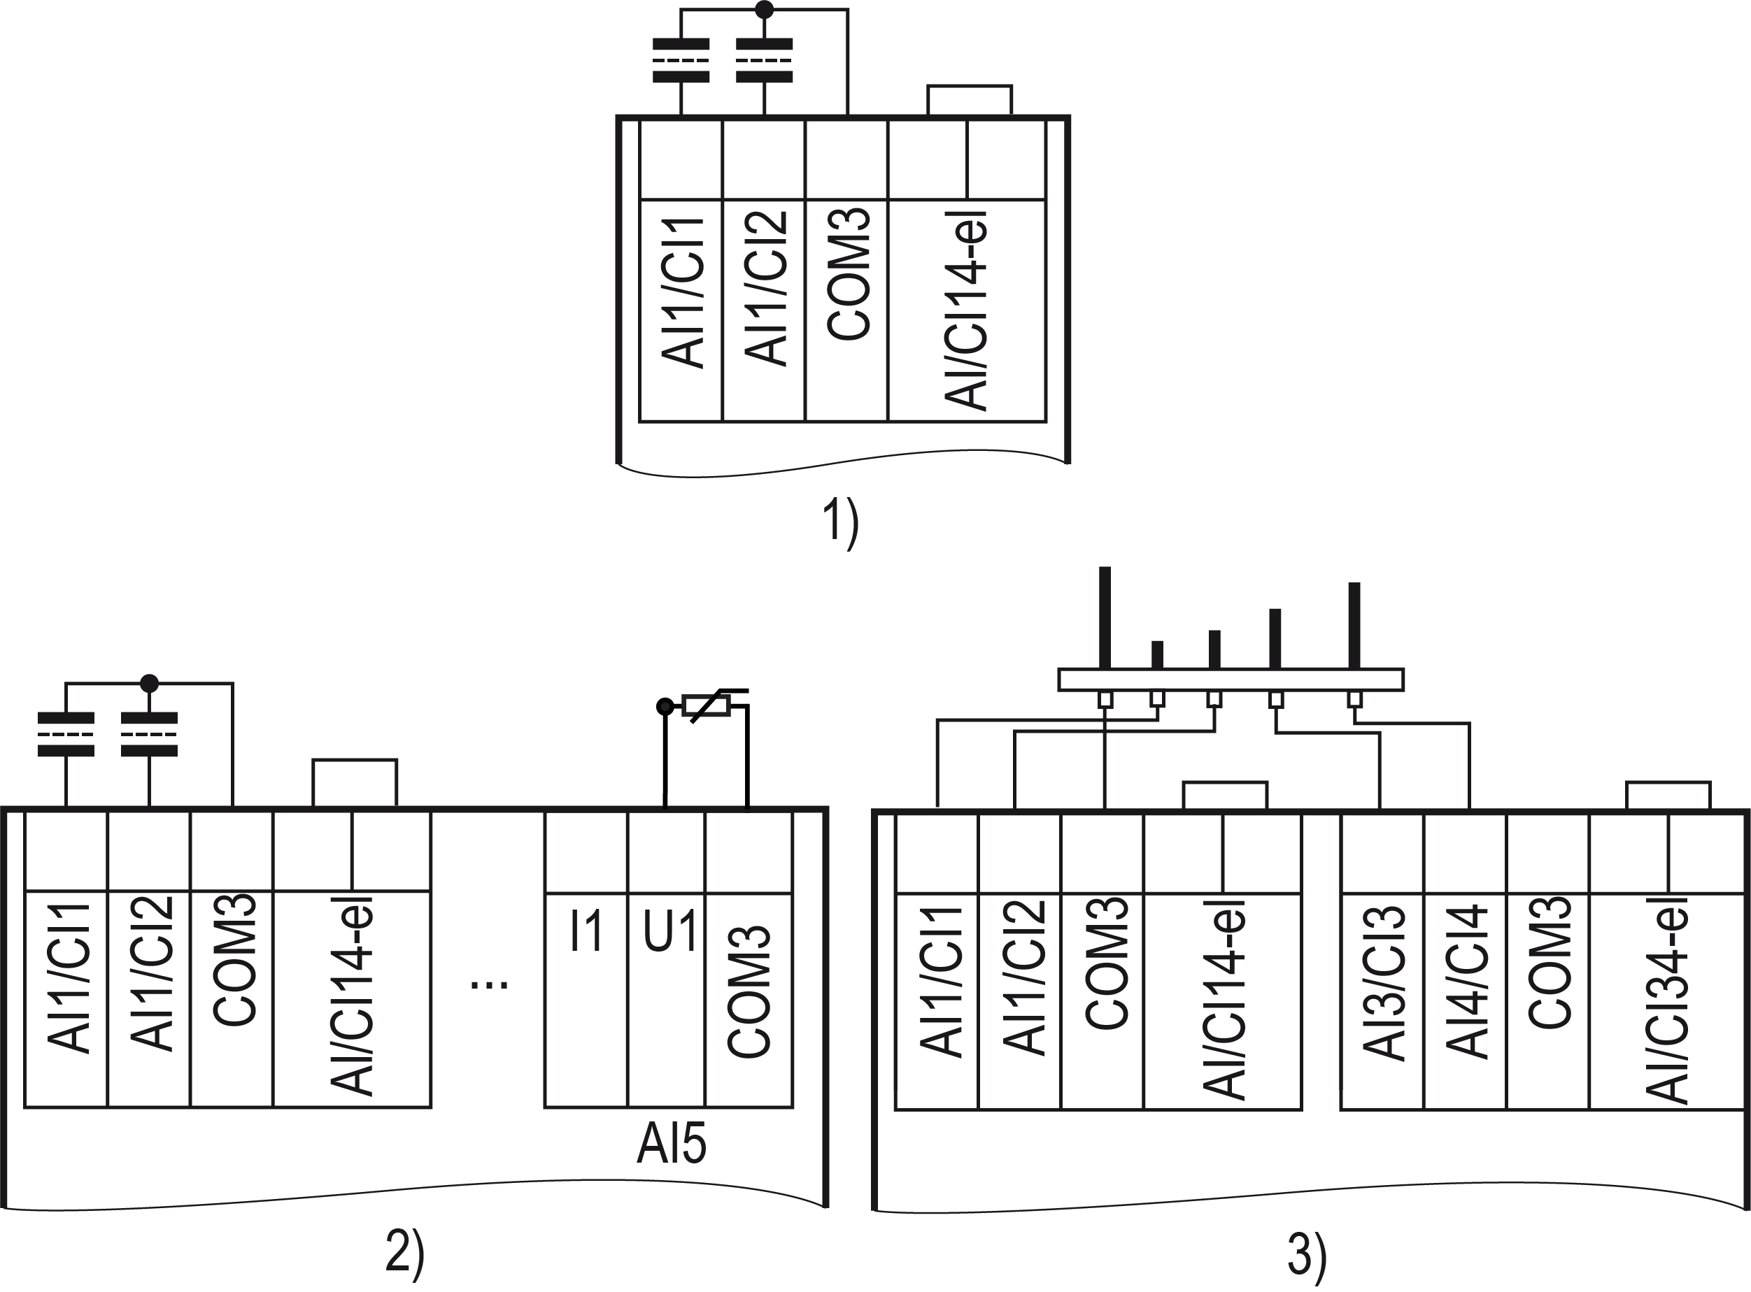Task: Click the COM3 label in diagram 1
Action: [x=849, y=275]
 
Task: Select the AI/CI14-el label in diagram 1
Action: [x=965, y=311]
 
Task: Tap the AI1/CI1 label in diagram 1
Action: [x=683, y=293]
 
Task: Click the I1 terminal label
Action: [x=586, y=931]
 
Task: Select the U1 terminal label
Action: [x=669, y=931]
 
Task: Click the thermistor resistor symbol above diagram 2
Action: [x=707, y=706]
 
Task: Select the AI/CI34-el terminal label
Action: [x=1666, y=1000]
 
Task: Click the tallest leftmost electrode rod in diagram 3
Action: [x=1105, y=618]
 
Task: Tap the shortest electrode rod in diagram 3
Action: [x=1157, y=655]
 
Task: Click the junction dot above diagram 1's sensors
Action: [x=765, y=9]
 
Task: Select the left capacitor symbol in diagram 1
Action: [x=681, y=60]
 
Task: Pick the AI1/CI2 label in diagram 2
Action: [x=151, y=974]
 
